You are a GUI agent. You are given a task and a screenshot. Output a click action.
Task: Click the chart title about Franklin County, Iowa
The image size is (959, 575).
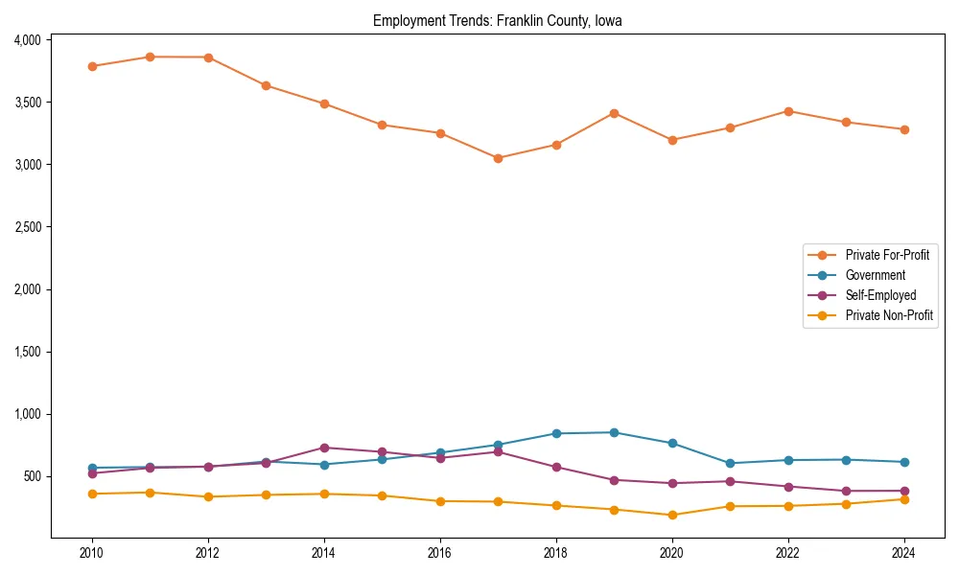pyautogui.click(x=498, y=21)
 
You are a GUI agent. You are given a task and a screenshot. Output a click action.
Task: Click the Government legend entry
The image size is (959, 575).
pyautogui.click(x=875, y=275)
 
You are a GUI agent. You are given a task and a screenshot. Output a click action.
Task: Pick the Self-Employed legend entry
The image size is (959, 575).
pyautogui.click(x=880, y=295)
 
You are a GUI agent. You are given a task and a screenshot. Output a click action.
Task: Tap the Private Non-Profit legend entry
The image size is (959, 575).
pyautogui.click(x=889, y=315)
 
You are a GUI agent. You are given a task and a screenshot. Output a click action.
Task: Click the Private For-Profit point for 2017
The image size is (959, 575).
pyautogui.click(x=498, y=158)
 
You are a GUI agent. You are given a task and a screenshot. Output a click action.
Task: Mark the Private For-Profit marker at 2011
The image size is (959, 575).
pyautogui.click(x=150, y=57)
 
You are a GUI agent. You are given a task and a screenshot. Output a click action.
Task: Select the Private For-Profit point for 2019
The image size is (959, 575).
pyautogui.click(x=614, y=113)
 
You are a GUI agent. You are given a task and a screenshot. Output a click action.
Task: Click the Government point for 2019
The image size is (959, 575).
pyautogui.click(x=614, y=432)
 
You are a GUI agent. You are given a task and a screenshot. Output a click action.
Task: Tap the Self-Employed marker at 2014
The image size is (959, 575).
pyautogui.click(x=324, y=448)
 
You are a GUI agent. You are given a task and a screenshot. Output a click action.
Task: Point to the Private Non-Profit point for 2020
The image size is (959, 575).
pyautogui.click(x=672, y=515)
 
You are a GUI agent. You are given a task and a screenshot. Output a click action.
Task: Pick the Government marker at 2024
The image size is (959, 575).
pyautogui.click(x=903, y=462)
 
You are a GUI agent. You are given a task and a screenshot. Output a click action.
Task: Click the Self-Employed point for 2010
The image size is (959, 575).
pyautogui.click(x=92, y=473)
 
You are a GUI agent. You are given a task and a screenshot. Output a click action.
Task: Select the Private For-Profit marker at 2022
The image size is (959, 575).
pyautogui.click(x=788, y=111)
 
